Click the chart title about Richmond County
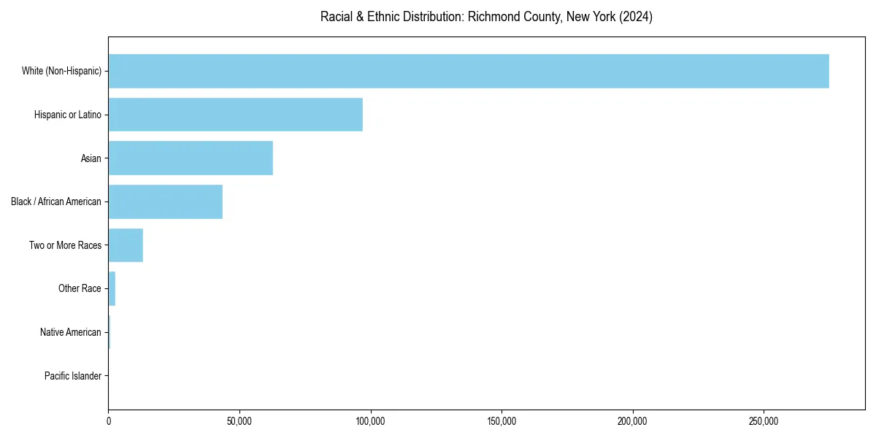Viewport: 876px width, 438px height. [x=486, y=17]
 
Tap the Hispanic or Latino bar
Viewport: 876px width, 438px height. [x=235, y=115]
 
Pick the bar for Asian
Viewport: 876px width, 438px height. [x=191, y=158]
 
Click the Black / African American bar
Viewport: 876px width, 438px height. [x=165, y=201]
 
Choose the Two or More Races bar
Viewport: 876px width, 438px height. [x=126, y=245]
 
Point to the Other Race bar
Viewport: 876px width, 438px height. [x=112, y=288]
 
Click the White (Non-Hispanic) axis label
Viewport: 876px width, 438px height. [x=61, y=71]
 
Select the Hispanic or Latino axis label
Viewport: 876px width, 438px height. [x=68, y=115]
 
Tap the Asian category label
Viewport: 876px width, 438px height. [x=91, y=158]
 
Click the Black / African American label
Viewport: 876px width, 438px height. [x=56, y=201]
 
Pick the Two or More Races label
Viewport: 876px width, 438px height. [x=66, y=245]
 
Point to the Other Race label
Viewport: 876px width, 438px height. [x=80, y=288]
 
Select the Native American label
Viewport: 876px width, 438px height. [x=71, y=332]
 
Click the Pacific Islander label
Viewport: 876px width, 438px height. [x=73, y=376]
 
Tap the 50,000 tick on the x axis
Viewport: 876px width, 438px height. [x=239, y=422]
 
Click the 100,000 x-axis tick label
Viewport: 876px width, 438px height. [x=370, y=422]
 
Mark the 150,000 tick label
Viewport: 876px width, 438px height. [x=502, y=422]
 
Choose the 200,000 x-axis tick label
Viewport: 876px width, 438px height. [x=632, y=422]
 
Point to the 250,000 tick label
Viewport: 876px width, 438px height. [x=764, y=422]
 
